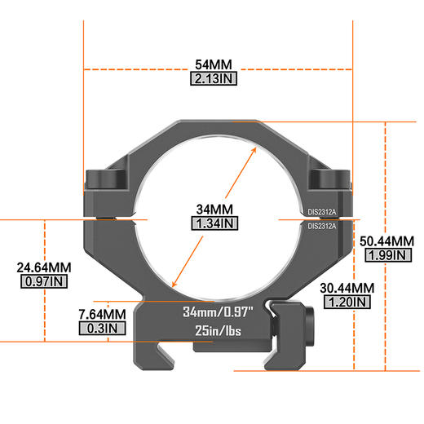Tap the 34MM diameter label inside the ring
tap(214, 208)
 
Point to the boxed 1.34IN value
tap(214, 223)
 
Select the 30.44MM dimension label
tap(347, 288)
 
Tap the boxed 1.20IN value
tap(347, 303)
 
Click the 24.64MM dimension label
tap(38, 267)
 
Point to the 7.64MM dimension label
tap(102, 314)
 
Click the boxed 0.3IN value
tap(102, 329)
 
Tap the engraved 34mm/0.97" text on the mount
tap(219, 311)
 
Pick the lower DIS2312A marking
tap(323, 227)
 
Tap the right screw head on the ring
tap(330, 179)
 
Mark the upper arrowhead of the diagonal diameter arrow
tap(250, 150)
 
